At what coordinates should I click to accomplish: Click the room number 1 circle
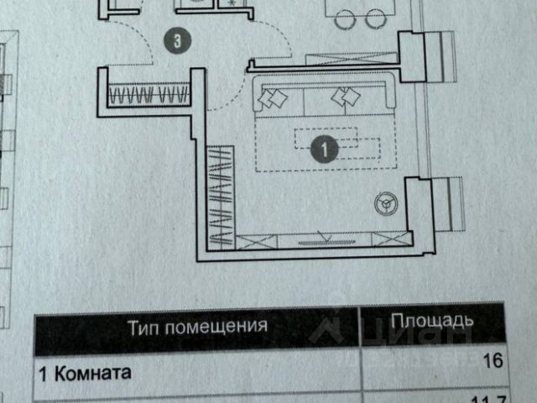pos(324,150)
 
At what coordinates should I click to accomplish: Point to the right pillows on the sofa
pos(344,97)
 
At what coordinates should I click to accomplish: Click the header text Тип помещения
pos(197,325)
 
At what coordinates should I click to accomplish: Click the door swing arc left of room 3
pos(134,46)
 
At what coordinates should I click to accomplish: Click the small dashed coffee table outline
pos(325,138)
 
